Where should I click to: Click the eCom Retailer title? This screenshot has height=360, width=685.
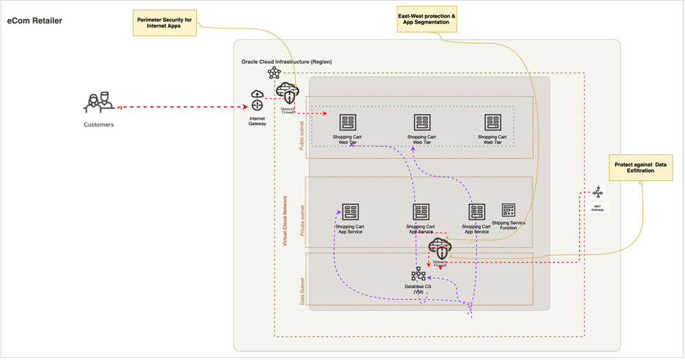pos(34,20)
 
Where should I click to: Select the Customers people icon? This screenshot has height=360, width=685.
pos(98,102)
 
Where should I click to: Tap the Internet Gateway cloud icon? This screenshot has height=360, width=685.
pos(257,100)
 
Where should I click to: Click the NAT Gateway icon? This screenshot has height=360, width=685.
pos(598,192)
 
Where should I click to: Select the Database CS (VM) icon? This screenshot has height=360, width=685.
pos(418,274)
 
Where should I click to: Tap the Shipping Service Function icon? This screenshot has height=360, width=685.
pos(509,210)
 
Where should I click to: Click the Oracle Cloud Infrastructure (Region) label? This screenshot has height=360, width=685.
pos(286,61)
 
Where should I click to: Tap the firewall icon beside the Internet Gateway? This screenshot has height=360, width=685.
pos(288,93)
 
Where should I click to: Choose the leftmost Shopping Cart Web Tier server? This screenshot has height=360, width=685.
pos(348,122)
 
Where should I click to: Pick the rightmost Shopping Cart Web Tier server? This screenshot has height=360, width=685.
pos(493,122)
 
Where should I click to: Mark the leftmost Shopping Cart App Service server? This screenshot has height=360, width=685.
pos(349,212)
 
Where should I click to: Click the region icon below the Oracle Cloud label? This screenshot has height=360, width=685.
pos(274,72)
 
